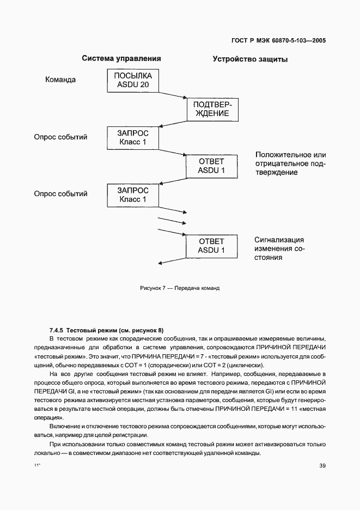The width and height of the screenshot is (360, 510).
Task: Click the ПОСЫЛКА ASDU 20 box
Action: coord(133,80)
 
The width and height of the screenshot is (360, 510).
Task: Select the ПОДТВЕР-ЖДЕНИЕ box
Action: coord(211,109)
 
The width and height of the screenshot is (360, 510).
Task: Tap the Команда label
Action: coord(60,80)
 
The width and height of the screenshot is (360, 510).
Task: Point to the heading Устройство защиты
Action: coord(250,59)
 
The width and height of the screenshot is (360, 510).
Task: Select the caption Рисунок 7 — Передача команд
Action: coord(179,288)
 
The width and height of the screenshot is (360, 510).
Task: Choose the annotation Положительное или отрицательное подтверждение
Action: coord(290,164)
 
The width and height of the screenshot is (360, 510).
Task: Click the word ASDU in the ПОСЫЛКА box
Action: coord(126,85)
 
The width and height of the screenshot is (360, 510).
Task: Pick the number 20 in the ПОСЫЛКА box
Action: coord(144,85)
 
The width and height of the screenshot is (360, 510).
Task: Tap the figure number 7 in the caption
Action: coord(163,288)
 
